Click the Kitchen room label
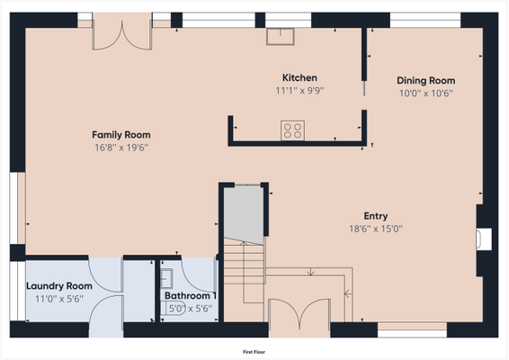[x=299, y=78]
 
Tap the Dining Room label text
[x=426, y=81]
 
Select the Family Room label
[x=121, y=135]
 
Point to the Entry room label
[x=376, y=216]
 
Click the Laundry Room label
[x=59, y=286]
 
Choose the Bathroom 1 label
[x=191, y=296]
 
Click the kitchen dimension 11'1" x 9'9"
[x=299, y=91]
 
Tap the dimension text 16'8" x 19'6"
[x=121, y=148]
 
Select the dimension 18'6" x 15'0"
[x=376, y=229]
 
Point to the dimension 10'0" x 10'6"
[x=426, y=94]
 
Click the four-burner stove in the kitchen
[x=292, y=130]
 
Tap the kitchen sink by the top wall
[x=281, y=36]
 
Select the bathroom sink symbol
[x=166, y=278]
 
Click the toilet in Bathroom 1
[x=174, y=308]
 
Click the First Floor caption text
[x=254, y=352]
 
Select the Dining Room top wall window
[x=425, y=20]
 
